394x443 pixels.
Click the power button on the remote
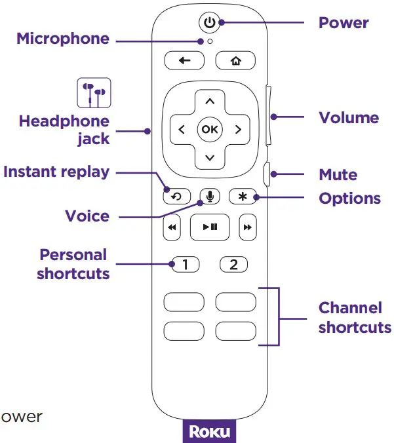click(208, 23)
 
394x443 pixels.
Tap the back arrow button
click(184, 61)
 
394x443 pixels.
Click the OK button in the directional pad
click(209, 129)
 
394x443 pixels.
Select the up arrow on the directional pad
click(209, 101)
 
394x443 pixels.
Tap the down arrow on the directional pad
click(209, 157)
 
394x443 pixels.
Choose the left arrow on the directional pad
click(181, 129)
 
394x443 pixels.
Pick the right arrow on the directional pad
click(237, 129)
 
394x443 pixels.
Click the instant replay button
click(177, 196)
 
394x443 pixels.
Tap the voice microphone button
click(209, 196)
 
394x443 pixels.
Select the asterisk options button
click(242, 196)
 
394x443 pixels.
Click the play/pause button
click(209, 227)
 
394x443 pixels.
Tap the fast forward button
click(247, 227)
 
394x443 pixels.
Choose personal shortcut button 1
click(185, 265)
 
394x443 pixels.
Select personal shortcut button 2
click(234, 265)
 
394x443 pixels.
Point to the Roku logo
click(208, 433)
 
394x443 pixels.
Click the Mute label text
click(338, 175)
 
